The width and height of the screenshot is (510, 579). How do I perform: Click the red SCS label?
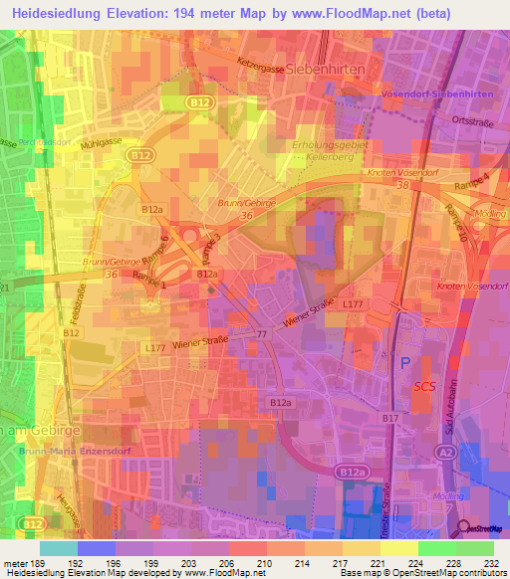tap(424, 387)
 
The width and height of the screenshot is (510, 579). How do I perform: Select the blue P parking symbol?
tap(403, 364)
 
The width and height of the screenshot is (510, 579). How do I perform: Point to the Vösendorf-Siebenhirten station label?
tap(436, 93)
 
